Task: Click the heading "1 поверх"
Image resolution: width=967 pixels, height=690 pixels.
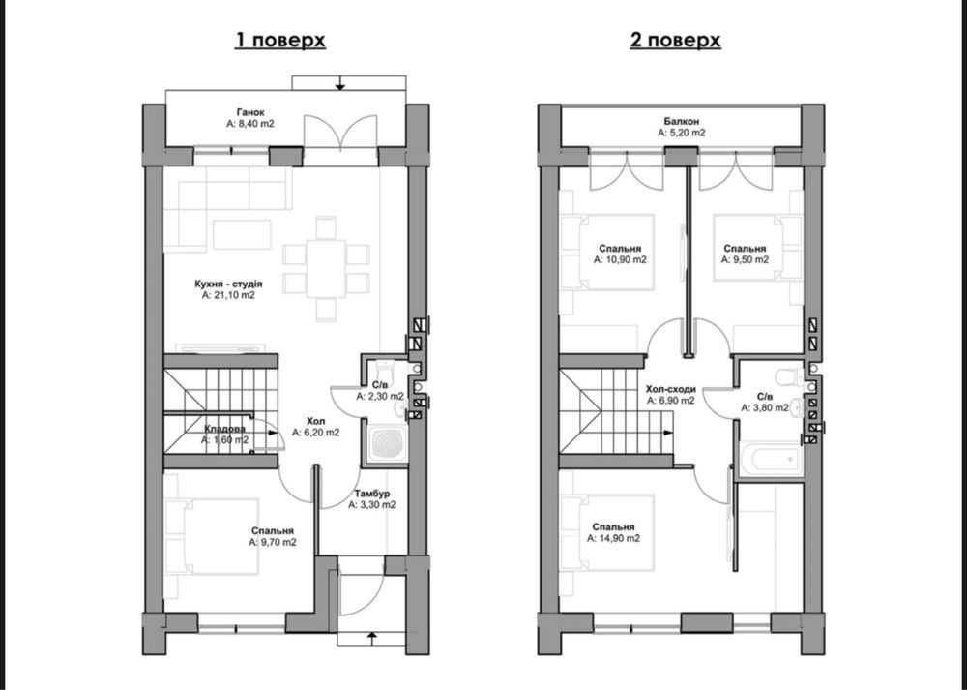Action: click(x=280, y=40)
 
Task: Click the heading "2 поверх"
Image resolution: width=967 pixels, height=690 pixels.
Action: click(x=675, y=40)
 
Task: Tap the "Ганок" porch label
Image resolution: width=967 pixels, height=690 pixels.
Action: click(x=250, y=112)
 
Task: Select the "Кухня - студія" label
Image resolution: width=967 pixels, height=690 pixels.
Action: click(x=228, y=284)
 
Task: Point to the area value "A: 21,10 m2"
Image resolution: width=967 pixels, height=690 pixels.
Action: click(x=228, y=295)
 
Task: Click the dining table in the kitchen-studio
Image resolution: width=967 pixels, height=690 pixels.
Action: click(x=326, y=269)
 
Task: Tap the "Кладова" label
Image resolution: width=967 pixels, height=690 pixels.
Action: click(x=224, y=429)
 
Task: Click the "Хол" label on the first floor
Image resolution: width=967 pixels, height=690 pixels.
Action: click(x=316, y=421)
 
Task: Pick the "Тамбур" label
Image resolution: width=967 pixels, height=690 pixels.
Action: click(x=372, y=494)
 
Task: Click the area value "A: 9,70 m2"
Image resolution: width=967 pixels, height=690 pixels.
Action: click(x=273, y=543)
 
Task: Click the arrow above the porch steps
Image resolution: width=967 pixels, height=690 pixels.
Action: click(x=339, y=82)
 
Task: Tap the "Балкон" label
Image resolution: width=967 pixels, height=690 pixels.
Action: click(x=682, y=122)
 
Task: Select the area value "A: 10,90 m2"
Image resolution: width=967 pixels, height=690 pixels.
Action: click(x=620, y=259)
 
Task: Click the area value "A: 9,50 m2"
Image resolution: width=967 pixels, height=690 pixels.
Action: click(x=745, y=259)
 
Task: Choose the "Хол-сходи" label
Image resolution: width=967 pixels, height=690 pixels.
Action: click(x=671, y=389)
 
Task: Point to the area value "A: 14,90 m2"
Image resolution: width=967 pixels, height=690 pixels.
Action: click(x=613, y=538)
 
